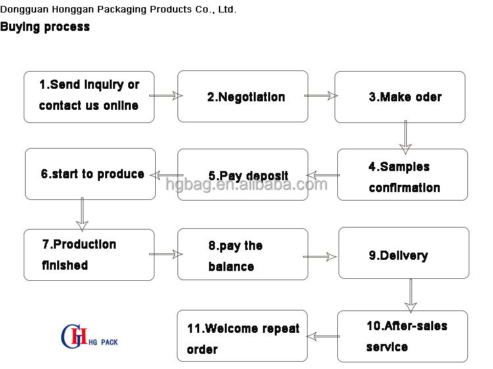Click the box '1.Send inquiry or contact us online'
tap(89, 97)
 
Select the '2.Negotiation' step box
tap(243, 97)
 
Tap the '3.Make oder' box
tap(400, 97)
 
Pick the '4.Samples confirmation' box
tap(402, 175)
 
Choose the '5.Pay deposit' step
tap(243, 175)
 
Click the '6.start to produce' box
tap(90, 174)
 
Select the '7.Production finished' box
tap(89, 255)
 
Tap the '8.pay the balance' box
tap(243, 255)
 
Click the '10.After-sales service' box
tap(402, 336)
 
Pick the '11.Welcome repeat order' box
tap(242, 336)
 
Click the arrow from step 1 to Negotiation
tap(166, 96)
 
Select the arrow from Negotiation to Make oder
tap(321, 96)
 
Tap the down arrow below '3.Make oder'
tap(406, 136)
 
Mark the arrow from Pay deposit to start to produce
tap(164, 175)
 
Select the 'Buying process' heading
tap(45, 27)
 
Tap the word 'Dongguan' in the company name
tap(23, 9)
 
